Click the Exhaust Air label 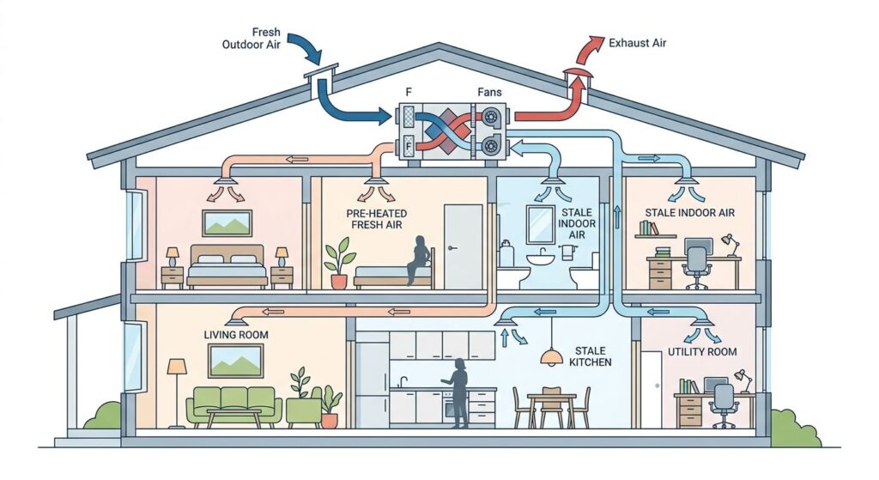click(x=638, y=43)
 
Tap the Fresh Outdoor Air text click(x=252, y=38)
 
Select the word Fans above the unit click(x=489, y=92)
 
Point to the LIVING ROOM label click(x=236, y=335)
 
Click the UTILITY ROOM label click(x=702, y=351)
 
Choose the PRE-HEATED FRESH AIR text click(x=377, y=219)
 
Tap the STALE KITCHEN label click(x=591, y=356)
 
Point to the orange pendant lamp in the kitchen click(x=552, y=356)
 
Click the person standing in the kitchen click(x=458, y=393)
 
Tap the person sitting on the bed click(x=421, y=260)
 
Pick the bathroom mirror click(x=541, y=224)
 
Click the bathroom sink click(x=541, y=259)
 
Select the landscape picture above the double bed click(x=227, y=223)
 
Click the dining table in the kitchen click(x=552, y=406)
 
